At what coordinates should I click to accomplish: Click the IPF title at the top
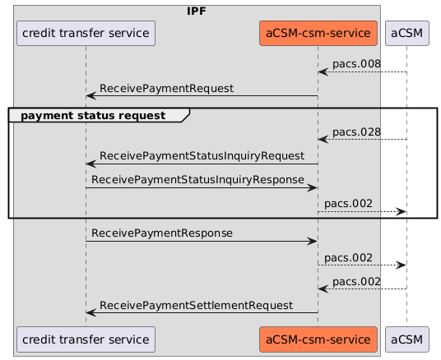(197, 11)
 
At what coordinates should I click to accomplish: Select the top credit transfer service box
(86, 34)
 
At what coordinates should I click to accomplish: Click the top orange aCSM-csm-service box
(318, 34)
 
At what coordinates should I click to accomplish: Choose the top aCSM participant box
(406, 34)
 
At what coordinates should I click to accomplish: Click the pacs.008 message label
(356, 64)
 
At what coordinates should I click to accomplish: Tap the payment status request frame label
(93, 115)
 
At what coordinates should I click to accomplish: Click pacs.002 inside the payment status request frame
(348, 203)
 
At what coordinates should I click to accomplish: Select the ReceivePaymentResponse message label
(162, 233)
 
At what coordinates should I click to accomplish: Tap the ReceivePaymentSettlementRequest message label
(196, 305)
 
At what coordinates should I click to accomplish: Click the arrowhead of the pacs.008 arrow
(323, 73)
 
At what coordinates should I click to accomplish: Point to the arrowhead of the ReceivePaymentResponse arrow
(313, 241)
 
